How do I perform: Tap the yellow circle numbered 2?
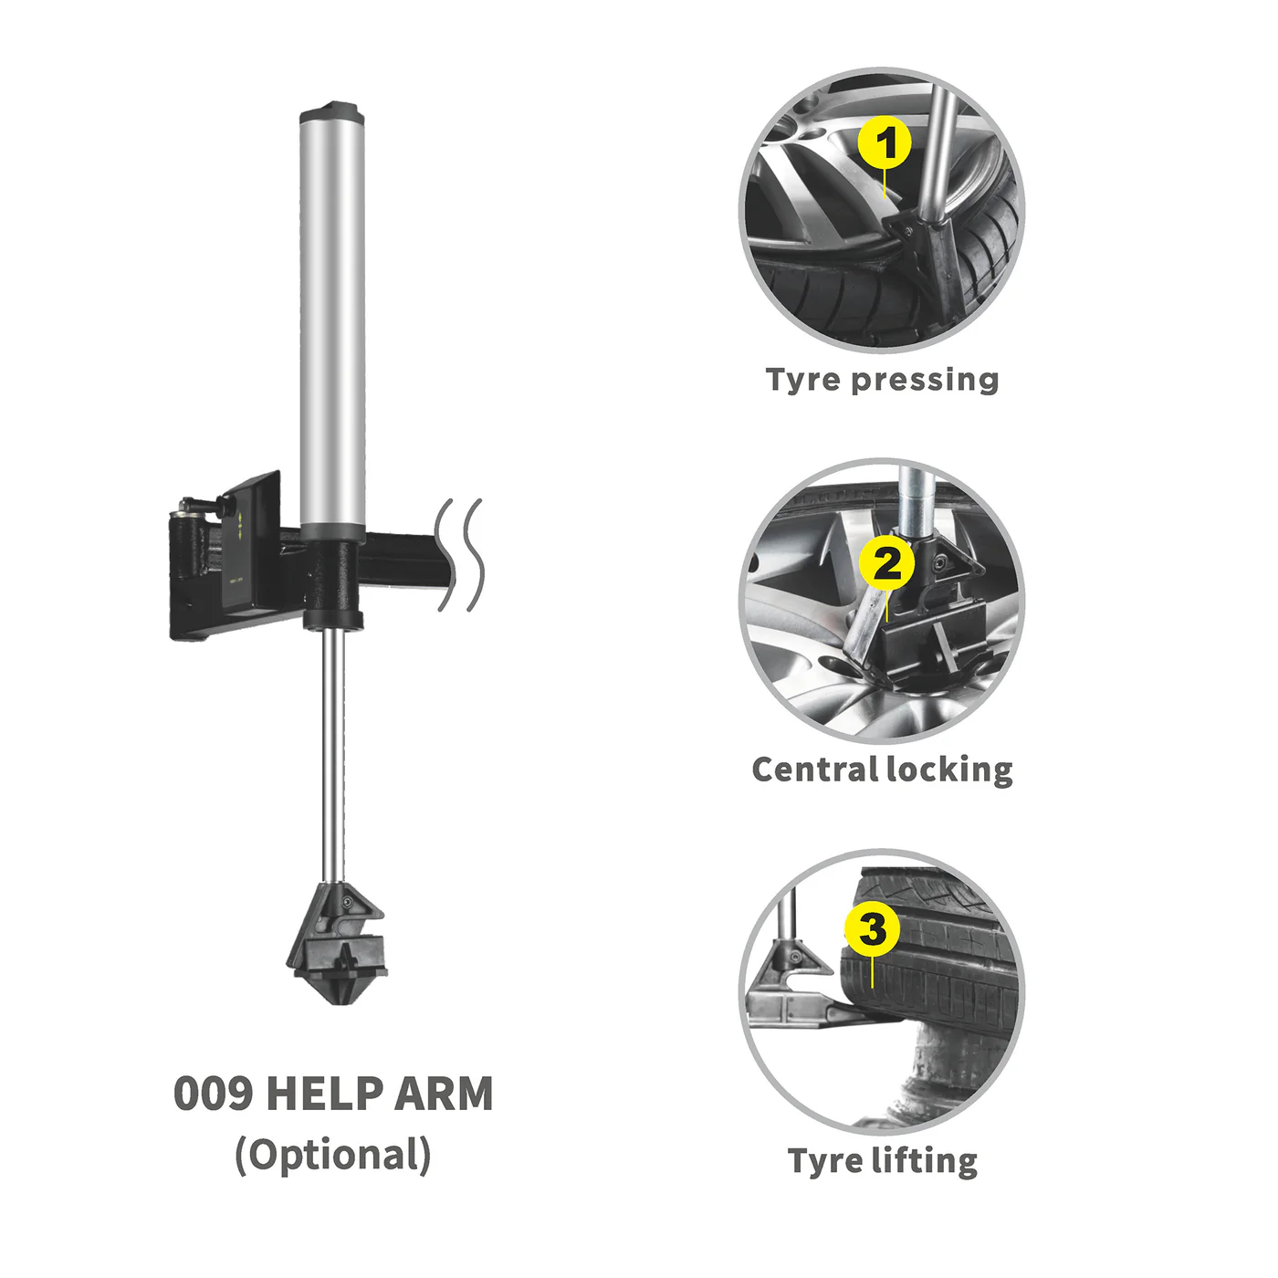[x=886, y=564]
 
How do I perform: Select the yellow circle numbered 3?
[x=872, y=929]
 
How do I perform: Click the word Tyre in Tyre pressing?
[x=804, y=381]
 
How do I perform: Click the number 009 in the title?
[x=213, y=1094]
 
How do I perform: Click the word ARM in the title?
[x=444, y=1094]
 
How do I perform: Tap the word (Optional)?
[x=333, y=1156]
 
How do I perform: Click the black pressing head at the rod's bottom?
[x=336, y=942]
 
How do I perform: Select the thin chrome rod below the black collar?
[x=333, y=756]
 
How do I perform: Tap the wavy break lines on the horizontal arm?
[x=459, y=554]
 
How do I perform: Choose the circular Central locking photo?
[x=882, y=601]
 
